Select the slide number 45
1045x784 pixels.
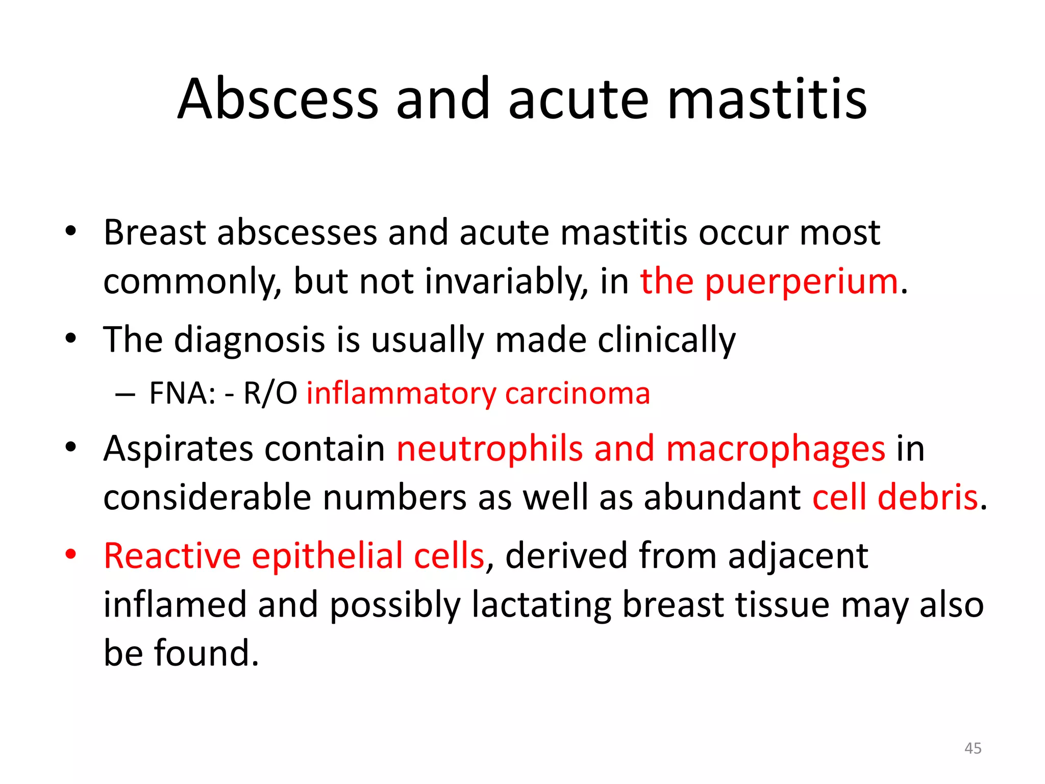click(x=973, y=748)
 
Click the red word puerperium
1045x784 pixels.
click(x=801, y=282)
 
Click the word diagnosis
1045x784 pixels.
click(x=250, y=340)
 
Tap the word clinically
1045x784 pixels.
click(x=666, y=340)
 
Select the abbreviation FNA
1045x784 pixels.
click(x=182, y=394)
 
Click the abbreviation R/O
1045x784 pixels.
click(x=270, y=394)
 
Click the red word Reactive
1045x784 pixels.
click(x=172, y=556)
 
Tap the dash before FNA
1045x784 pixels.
click(x=125, y=394)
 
